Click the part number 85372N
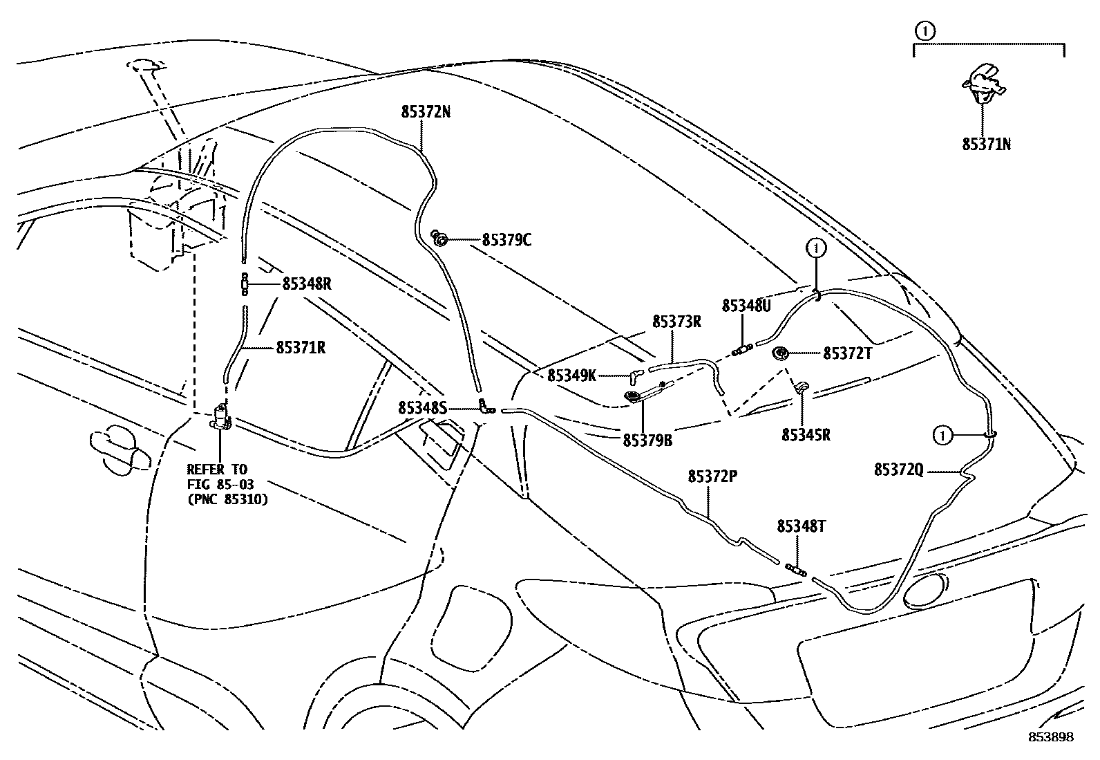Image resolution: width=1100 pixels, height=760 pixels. click(x=426, y=111)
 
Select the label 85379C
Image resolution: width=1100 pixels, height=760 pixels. click(x=506, y=241)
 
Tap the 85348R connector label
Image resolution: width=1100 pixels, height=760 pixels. click(x=307, y=284)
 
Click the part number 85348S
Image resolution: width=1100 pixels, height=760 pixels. click(x=422, y=409)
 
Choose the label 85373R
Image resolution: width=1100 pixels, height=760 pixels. click(x=677, y=322)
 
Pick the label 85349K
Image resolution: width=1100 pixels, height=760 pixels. click(x=571, y=376)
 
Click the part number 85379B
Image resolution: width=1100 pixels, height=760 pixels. click(x=647, y=439)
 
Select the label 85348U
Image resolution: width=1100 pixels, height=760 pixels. click(x=746, y=306)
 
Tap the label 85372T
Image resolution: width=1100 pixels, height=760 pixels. click(x=848, y=353)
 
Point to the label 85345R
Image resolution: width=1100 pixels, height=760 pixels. click(x=806, y=435)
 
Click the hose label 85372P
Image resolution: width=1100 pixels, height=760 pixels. click(x=712, y=476)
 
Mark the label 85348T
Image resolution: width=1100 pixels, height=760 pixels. click(x=802, y=526)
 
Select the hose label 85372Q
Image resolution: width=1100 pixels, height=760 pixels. click(x=898, y=470)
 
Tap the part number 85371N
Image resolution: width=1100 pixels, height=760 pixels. click(x=987, y=145)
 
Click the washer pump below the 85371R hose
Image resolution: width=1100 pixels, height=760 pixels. click(x=221, y=418)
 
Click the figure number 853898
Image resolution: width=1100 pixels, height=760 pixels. click(x=1052, y=737)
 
